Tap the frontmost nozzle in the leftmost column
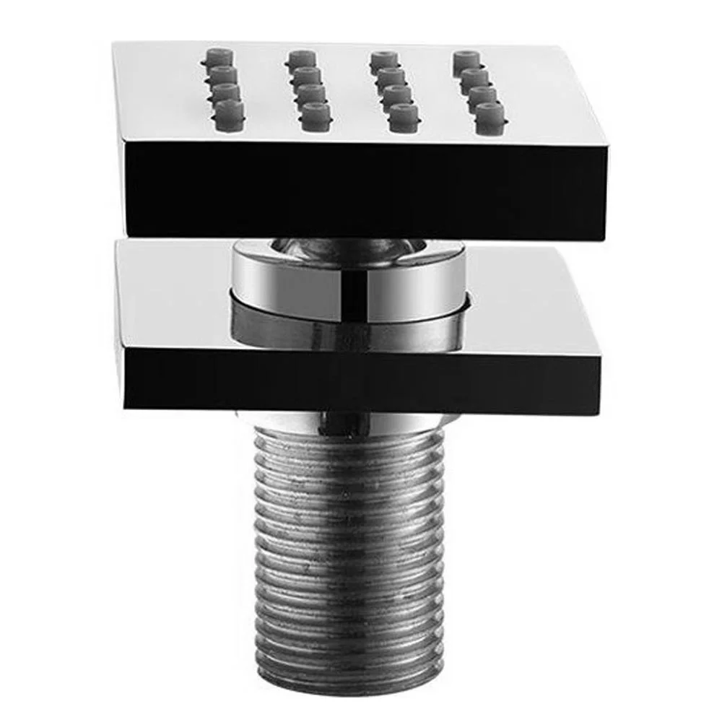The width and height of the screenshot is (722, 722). (x=230, y=110)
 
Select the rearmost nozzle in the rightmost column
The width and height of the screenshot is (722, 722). (x=467, y=58)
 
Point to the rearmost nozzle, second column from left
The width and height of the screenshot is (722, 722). (x=301, y=57)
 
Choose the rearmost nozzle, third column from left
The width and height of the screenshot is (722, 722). (x=383, y=58)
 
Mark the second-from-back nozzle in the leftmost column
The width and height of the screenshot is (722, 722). (x=223, y=74)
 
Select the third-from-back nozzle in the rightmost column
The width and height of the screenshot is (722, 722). (x=482, y=94)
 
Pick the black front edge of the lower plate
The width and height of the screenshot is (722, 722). (x=361, y=383)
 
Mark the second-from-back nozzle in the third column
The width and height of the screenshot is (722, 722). (x=390, y=76)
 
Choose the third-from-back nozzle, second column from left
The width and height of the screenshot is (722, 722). (x=311, y=93)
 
